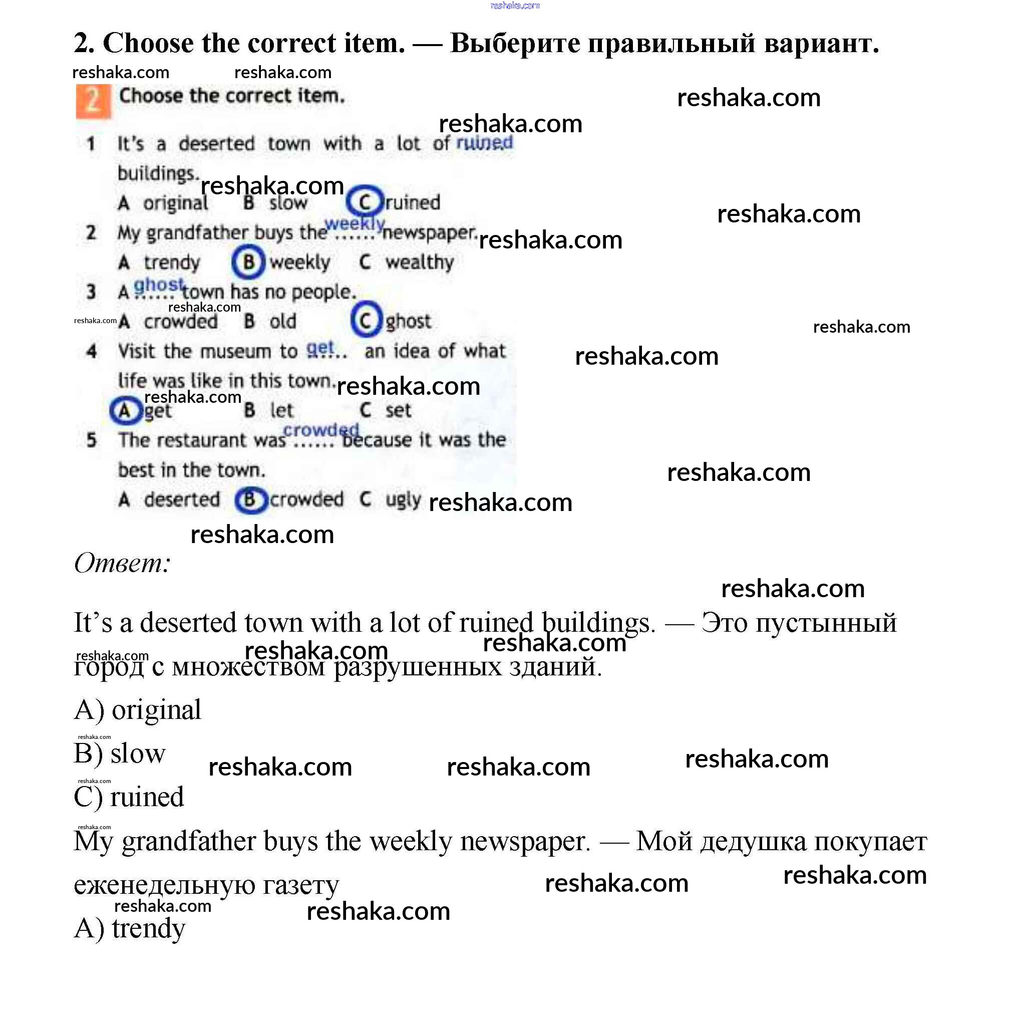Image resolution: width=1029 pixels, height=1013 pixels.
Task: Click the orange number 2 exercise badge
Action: point(93,101)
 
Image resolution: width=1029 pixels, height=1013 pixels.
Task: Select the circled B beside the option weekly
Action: point(248,262)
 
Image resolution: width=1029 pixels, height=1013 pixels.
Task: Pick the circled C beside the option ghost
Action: point(366,320)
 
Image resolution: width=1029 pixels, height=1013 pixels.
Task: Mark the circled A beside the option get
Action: point(125,410)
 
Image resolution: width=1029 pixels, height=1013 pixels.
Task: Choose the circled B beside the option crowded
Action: point(249,499)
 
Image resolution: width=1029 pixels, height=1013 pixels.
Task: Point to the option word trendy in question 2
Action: point(171,263)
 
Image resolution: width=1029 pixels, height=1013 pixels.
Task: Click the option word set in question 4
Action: point(398,410)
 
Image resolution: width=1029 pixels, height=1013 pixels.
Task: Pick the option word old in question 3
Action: point(282,321)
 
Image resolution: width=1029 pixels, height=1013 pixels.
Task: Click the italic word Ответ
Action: point(122,563)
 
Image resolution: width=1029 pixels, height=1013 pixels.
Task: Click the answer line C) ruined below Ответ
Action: point(129,797)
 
